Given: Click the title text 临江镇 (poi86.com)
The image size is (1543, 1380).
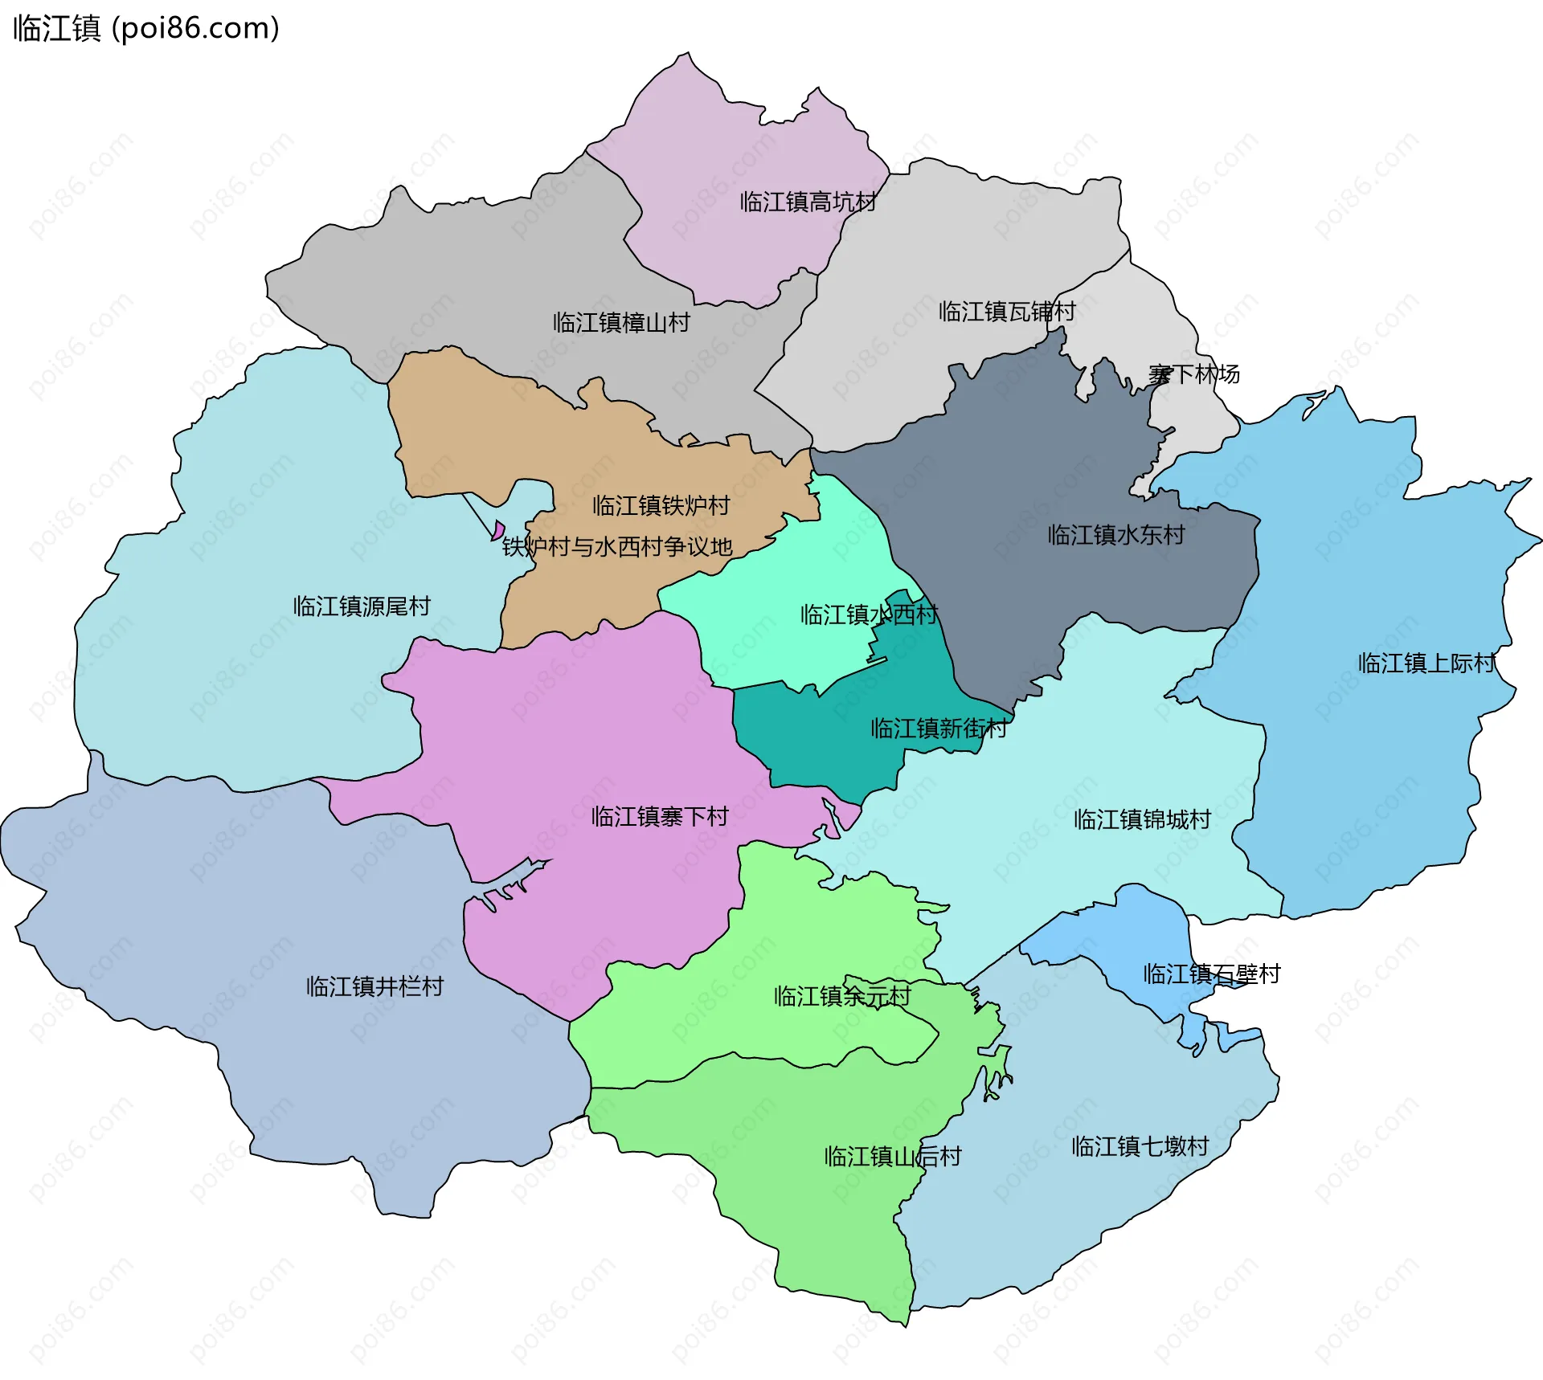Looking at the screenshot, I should (146, 28).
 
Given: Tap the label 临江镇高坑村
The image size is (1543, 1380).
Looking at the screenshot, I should (808, 202).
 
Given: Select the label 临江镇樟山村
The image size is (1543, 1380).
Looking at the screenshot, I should (621, 323).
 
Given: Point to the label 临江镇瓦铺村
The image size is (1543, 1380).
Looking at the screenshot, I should (1007, 312).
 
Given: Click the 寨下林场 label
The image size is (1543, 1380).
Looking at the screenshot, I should (1193, 374).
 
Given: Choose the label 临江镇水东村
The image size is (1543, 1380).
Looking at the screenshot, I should (1116, 535).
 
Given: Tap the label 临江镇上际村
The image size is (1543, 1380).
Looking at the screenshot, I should (1426, 663).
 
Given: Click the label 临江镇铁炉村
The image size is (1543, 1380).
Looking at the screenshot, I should (661, 506).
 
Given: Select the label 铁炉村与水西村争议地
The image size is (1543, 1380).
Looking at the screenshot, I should (617, 547).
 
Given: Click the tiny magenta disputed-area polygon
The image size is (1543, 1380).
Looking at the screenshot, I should (498, 530).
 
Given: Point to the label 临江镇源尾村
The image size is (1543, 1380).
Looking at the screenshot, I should (362, 606).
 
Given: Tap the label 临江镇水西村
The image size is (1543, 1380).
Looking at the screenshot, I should (869, 615).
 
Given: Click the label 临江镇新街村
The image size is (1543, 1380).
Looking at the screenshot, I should (939, 729).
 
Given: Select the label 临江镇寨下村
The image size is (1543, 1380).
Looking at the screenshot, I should (659, 817).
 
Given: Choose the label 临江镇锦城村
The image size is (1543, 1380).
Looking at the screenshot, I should (1142, 820).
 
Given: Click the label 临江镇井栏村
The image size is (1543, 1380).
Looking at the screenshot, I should (374, 986).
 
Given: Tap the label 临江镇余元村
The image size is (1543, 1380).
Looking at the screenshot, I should (842, 997).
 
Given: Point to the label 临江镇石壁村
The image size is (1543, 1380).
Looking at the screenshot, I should (1211, 974).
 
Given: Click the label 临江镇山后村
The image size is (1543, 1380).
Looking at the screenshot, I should (893, 1157).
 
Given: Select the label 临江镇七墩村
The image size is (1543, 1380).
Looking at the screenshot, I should (1140, 1146).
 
